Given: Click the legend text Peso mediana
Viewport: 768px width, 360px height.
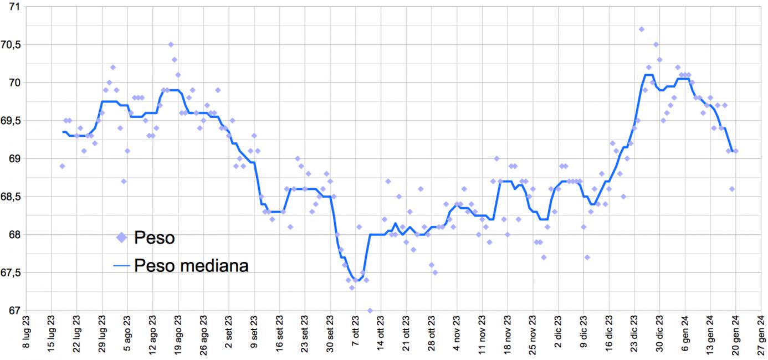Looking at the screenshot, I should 191,266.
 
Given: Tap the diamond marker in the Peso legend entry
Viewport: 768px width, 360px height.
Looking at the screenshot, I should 121,238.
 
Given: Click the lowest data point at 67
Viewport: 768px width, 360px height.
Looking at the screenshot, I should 370,311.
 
